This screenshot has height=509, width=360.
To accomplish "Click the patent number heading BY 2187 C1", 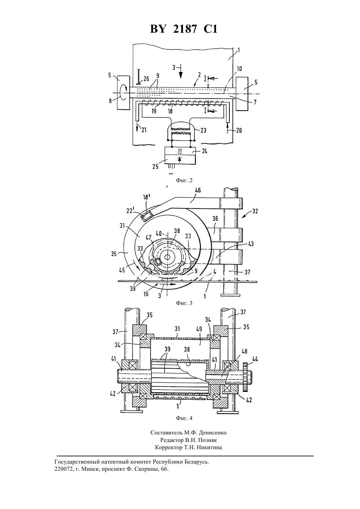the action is pyautogui.click(x=184, y=29).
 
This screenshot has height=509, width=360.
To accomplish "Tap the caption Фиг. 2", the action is pyautogui.click(x=184, y=181).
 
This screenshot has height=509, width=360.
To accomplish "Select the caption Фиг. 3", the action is pyautogui.click(x=184, y=303).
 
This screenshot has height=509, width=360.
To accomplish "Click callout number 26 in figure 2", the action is pyautogui.click(x=146, y=79).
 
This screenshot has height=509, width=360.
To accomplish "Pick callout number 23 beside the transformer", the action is pyautogui.click(x=204, y=130).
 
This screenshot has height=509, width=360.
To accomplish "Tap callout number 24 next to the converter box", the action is pyautogui.click(x=204, y=151).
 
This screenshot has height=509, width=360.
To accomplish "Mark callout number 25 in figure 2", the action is pyautogui.click(x=155, y=167).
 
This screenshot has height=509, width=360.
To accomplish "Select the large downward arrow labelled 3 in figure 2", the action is pyautogui.click(x=181, y=71).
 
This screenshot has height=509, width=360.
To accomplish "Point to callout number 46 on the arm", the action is pyautogui.click(x=198, y=190).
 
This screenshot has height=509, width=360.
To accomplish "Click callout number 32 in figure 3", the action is pyautogui.click(x=255, y=211).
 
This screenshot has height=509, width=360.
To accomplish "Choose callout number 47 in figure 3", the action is pyautogui.click(x=149, y=238).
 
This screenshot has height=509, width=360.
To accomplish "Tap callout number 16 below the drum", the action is pyautogui.click(x=146, y=294).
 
